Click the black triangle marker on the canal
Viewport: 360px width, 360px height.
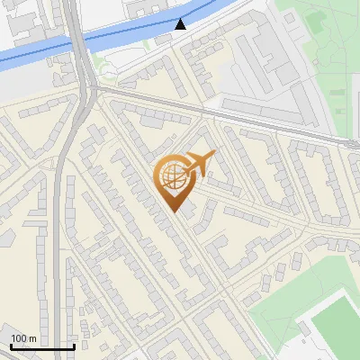[x=181, y=24]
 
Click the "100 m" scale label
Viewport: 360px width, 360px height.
[x=23, y=338]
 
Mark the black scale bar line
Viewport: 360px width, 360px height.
[x=42, y=346]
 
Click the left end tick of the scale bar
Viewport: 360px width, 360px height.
[x=11, y=346]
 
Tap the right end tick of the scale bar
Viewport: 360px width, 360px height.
[x=74, y=346]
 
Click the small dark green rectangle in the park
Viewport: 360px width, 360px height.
[x=315, y=17]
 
